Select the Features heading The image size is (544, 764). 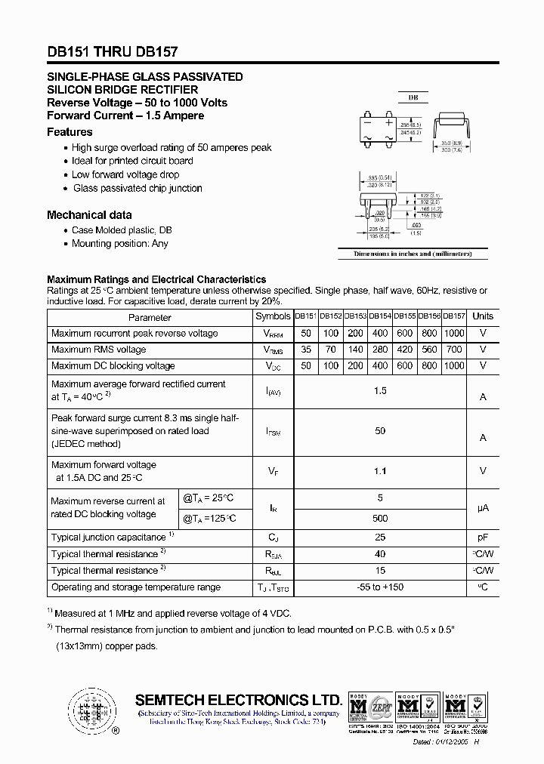[70, 131]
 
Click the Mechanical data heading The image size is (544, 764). [88, 214]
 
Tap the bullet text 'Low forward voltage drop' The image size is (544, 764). [125, 174]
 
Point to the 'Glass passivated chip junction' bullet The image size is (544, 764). [137, 188]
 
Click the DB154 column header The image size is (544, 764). [380, 316]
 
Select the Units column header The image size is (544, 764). [482, 316]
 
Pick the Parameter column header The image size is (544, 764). [150, 317]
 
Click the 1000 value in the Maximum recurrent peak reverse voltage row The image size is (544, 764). [454, 333]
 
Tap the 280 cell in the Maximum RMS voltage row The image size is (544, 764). [380, 350]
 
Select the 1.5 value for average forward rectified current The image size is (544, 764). [380, 390]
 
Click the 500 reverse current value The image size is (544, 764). [380, 518]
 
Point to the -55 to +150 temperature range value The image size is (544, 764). [380, 587]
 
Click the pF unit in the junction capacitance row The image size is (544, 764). [482, 538]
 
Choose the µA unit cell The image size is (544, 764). [482, 508]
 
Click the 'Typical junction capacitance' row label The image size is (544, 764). [109, 538]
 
